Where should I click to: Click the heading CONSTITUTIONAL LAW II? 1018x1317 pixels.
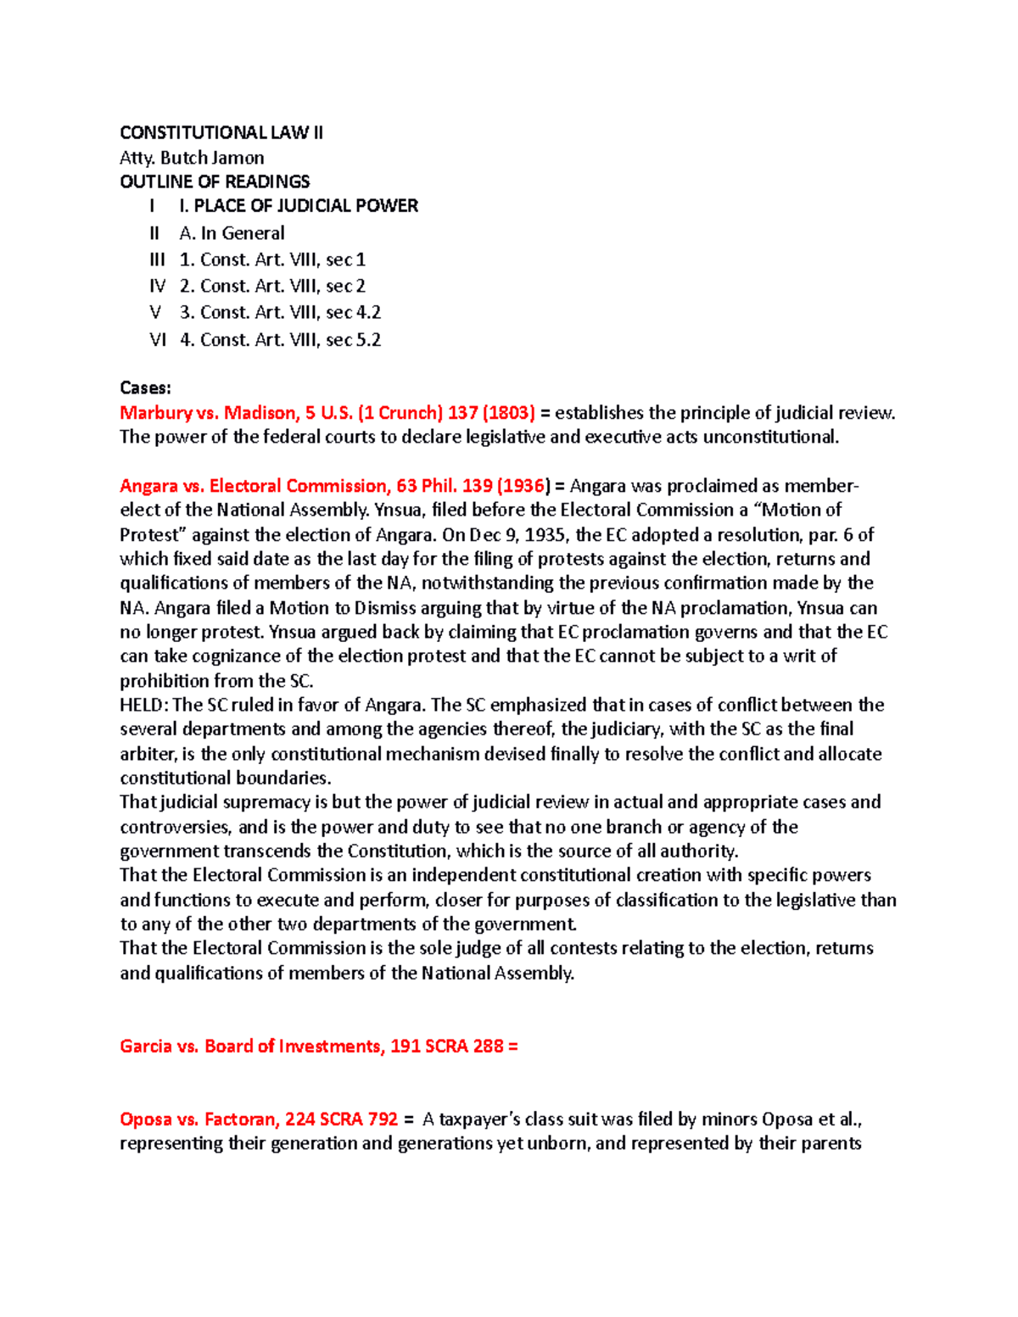click(x=221, y=132)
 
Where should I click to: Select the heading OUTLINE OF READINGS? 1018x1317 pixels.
click(x=215, y=181)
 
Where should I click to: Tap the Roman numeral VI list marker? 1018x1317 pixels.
click(x=158, y=339)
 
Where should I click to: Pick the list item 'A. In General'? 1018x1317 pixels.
click(x=232, y=233)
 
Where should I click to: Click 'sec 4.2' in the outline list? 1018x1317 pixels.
click(x=353, y=312)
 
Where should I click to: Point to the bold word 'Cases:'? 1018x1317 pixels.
click(x=145, y=388)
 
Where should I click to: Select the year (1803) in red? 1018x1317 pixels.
click(x=508, y=413)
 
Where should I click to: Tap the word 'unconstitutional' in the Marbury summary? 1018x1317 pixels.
click(x=771, y=437)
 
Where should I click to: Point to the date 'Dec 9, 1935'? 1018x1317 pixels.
click(x=519, y=535)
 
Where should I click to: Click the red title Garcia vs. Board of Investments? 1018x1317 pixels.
click(x=250, y=1046)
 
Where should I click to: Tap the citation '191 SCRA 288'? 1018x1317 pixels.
click(x=447, y=1046)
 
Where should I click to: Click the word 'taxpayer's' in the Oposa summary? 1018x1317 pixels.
click(x=480, y=1119)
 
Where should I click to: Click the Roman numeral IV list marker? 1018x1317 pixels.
click(x=158, y=286)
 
